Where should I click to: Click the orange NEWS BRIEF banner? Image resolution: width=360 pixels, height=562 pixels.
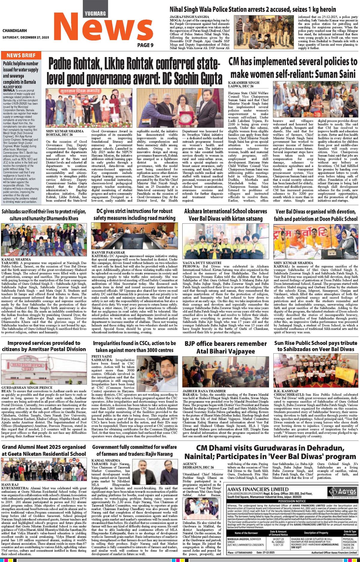click(x=21, y=55)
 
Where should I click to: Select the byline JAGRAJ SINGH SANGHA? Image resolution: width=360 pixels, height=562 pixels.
click(x=189, y=16)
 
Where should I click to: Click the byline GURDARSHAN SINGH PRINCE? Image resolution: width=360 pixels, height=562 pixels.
click(x=23, y=388)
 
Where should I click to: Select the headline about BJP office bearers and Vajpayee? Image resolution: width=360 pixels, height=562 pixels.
click(x=225, y=347)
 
